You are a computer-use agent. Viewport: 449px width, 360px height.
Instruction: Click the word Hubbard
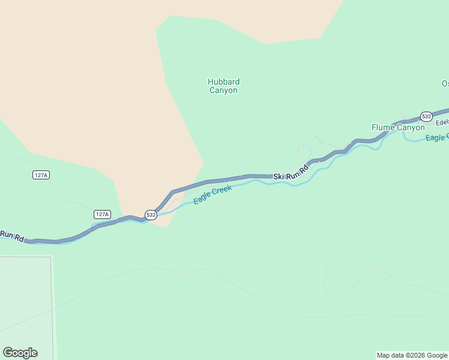tap(223, 82)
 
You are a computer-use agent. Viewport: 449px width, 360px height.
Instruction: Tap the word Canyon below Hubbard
tap(223, 91)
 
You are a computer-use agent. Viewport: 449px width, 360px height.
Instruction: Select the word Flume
tap(382, 127)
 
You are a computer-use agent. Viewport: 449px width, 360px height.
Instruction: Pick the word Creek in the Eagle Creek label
tap(221, 190)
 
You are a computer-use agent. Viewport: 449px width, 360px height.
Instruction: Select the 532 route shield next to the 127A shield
tap(151, 214)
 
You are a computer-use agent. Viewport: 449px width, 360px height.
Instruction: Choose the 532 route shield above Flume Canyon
tap(426, 116)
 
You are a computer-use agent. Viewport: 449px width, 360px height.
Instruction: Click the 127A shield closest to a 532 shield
tap(102, 214)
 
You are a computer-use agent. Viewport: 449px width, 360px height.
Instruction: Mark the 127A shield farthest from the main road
tap(41, 175)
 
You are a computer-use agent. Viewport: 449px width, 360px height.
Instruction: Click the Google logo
tap(20, 353)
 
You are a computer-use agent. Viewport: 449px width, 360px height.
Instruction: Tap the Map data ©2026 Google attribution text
tap(412, 355)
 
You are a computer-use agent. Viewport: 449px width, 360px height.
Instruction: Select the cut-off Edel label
tap(442, 122)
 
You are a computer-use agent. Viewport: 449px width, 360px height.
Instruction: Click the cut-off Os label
tap(445, 83)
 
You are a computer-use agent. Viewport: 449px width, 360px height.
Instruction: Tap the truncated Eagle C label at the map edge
tap(436, 138)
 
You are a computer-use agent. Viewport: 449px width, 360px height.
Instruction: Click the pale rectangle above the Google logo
tap(25, 300)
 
